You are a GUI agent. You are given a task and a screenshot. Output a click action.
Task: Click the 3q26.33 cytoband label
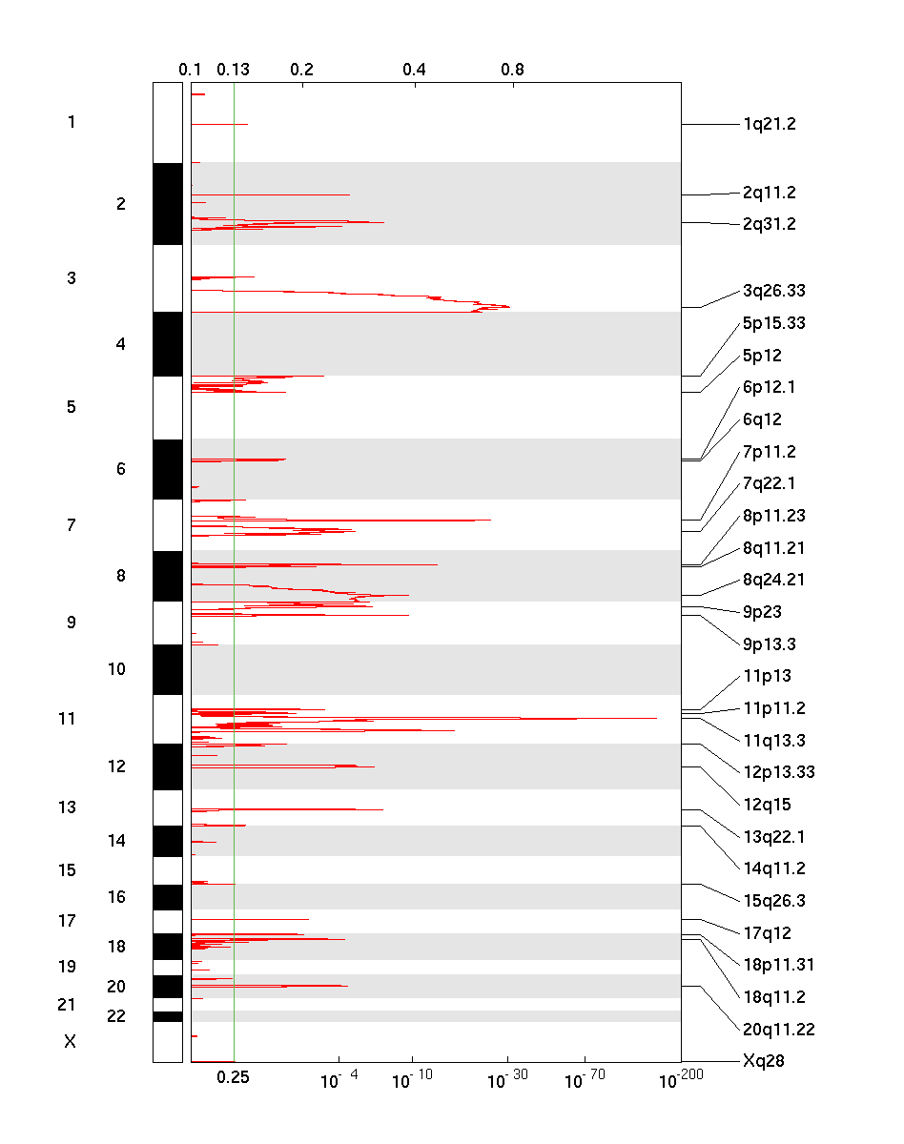[773, 291]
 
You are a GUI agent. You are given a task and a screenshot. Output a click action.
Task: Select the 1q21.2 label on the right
[769, 124]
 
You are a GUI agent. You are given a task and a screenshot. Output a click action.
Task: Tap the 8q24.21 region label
[773, 580]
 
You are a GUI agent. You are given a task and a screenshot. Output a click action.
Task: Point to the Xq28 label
[763, 1060]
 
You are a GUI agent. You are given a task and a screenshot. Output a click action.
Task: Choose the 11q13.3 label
[773, 740]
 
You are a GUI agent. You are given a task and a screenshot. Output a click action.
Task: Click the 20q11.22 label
[777, 1030]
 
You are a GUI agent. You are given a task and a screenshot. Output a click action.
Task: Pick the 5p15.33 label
[773, 323]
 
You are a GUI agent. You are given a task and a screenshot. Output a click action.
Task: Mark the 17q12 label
[767, 933]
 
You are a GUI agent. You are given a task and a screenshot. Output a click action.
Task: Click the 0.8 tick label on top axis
[512, 70]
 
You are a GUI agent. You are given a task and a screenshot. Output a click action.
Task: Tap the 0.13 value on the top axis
[233, 70]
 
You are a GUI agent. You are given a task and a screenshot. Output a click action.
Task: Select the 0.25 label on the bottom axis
[233, 1077]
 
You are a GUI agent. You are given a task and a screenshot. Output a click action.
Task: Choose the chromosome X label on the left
[70, 1042]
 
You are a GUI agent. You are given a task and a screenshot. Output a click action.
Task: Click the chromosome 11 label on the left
[67, 719]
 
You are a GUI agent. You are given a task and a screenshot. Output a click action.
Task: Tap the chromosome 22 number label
[116, 1016]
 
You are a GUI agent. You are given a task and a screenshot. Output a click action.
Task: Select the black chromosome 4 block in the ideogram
[167, 343]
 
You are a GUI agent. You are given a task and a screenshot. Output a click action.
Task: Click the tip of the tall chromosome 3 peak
[509, 307]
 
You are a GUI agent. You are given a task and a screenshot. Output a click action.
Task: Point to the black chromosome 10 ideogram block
[167, 669]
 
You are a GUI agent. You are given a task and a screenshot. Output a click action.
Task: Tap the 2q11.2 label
[769, 193]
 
